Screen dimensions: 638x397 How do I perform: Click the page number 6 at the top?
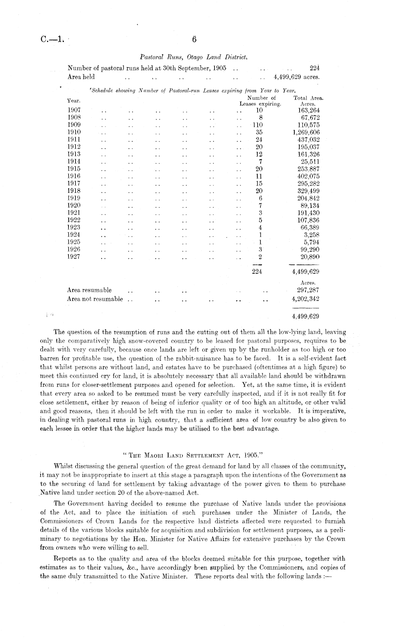[194, 39]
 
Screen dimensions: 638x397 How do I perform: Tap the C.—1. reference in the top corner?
[52, 40]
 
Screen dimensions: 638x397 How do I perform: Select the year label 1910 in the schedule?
[74, 132]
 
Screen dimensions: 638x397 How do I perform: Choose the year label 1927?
[74, 257]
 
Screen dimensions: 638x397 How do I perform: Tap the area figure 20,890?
[310, 257]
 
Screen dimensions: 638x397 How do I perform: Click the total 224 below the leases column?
[257, 272]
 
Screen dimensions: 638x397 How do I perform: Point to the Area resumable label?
[89, 290]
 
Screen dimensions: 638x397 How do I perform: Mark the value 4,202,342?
[305, 299]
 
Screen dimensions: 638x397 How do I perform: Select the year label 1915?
[74, 169]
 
